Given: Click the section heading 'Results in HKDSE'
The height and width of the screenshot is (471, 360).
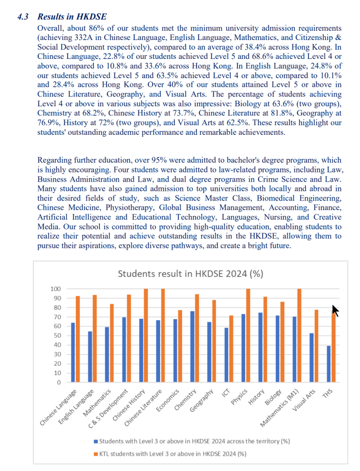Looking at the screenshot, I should (72, 17).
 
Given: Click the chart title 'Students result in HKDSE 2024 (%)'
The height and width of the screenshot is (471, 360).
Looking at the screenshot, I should (190, 274).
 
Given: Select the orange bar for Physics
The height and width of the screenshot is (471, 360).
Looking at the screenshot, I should (248, 336).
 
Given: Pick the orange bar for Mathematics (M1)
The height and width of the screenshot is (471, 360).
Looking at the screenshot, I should (299, 336).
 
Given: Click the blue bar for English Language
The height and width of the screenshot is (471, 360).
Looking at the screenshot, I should (90, 357).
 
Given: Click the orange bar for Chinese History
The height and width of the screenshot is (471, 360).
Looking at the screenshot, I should (146, 336).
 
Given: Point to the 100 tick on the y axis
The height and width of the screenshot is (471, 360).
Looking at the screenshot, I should (55, 289).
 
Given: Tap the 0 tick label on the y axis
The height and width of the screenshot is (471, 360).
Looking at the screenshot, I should (59, 383).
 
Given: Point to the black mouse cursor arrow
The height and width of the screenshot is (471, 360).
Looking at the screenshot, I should (336, 311).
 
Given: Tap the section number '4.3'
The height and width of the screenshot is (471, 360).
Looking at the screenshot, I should (23, 17).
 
